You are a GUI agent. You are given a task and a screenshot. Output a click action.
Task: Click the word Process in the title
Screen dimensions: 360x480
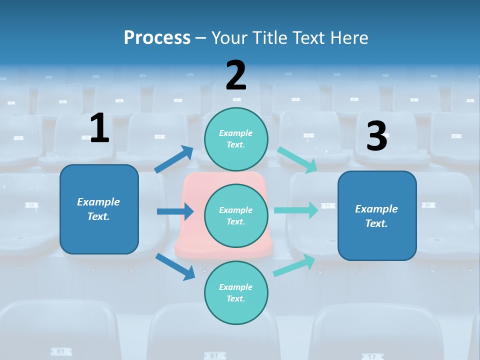(x=157, y=38)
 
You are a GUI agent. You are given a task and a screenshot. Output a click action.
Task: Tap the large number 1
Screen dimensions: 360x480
(x=99, y=128)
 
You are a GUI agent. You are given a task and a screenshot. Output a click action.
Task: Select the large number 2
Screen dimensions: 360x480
(x=236, y=75)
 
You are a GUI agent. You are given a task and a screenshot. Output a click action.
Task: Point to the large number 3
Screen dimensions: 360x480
(x=376, y=136)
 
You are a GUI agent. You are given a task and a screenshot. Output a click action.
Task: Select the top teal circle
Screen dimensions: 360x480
(x=236, y=139)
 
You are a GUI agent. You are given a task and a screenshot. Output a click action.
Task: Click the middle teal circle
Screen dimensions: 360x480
(x=236, y=216)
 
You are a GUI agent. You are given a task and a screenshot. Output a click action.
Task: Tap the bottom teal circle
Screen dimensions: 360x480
(x=236, y=293)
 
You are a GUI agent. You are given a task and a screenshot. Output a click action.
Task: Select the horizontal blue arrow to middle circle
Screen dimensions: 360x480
(x=175, y=211)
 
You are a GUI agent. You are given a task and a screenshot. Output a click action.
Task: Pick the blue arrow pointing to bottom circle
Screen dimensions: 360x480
(x=175, y=266)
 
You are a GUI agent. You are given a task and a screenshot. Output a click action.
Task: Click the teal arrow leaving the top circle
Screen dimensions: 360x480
(x=297, y=160)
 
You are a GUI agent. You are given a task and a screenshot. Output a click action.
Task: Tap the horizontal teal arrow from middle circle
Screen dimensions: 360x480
(x=295, y=210)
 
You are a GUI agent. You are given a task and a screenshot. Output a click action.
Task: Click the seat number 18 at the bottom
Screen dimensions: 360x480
(x=214, y=355)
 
